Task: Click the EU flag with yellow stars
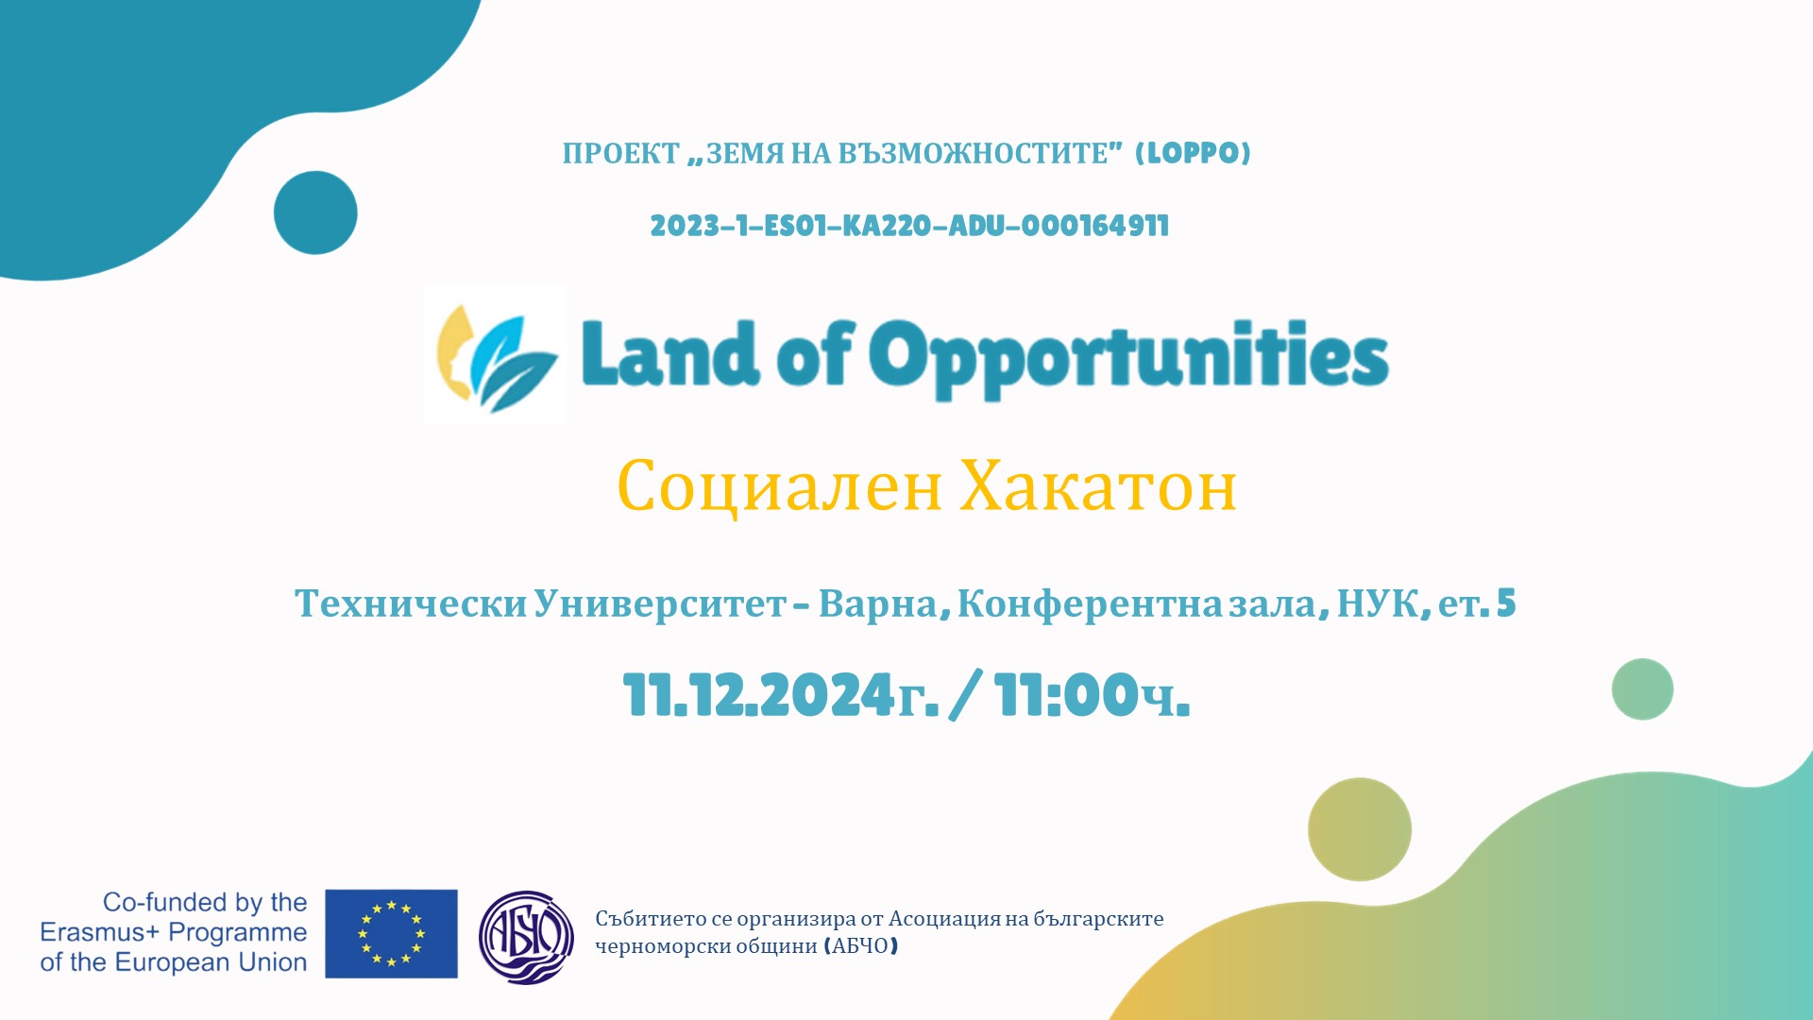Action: click(391, 933)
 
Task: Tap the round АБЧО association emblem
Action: click(526, 937)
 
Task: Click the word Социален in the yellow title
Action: click(780, 486)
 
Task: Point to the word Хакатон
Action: click(1098, 486)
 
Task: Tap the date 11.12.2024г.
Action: click(781, 696)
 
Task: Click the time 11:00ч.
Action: click(1092, 696)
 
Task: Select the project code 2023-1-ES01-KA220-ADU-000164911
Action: click(909, 227)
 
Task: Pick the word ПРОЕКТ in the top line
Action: click(620, 154)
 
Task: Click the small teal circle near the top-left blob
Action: click(315, 212)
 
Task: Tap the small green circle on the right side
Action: click(1642, 689)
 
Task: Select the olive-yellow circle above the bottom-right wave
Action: click(1360, 829)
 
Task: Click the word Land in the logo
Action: click(669, 355)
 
